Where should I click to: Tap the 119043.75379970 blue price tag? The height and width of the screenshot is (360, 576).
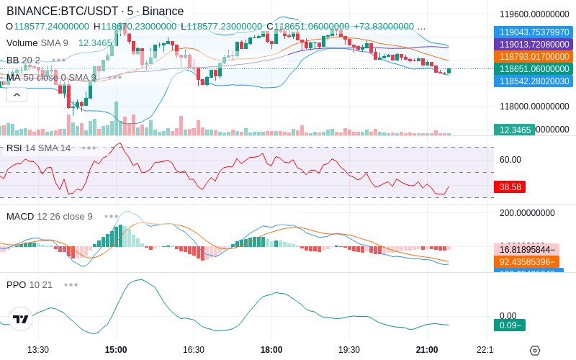533,32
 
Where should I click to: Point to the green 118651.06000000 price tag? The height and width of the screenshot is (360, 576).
533,69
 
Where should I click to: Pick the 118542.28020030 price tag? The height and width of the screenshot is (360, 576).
533,81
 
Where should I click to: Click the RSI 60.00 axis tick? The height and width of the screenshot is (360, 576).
510,160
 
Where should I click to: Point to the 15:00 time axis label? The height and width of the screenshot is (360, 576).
116,350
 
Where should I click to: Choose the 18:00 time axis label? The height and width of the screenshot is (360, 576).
271,350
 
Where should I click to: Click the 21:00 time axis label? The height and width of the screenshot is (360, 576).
427,350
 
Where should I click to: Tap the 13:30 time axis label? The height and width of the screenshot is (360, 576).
38,350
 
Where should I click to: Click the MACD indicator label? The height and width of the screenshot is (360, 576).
20,216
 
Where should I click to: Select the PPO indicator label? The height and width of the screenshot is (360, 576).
16,284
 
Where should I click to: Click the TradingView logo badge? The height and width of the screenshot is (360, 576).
21,319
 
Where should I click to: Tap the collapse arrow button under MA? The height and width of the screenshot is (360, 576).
17,94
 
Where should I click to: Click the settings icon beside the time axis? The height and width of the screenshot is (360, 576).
534,351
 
